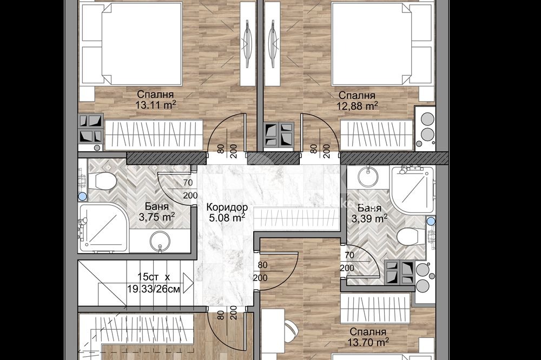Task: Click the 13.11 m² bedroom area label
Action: [x=156, y=105]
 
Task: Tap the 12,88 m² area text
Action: [x=357, y=106]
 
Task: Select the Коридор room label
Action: [x=227, y=207]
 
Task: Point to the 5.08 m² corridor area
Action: [x=227, y=218]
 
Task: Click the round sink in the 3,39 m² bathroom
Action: [x=368, y=177]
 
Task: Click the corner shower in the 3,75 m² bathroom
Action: [x=103, y=228]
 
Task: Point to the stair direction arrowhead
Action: [x=188, y=283]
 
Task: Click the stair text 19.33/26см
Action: [x=154, y=289]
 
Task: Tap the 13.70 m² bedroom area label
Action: [x=368, y=342]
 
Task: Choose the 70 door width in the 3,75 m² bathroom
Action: [x=188, y=182]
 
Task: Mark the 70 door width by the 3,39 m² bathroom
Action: [x=349, y=255]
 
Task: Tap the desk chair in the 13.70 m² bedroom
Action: [x=291, y=330]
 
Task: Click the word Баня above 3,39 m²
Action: [x=370, y=208]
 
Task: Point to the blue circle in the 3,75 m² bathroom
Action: [x=82, y=197]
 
